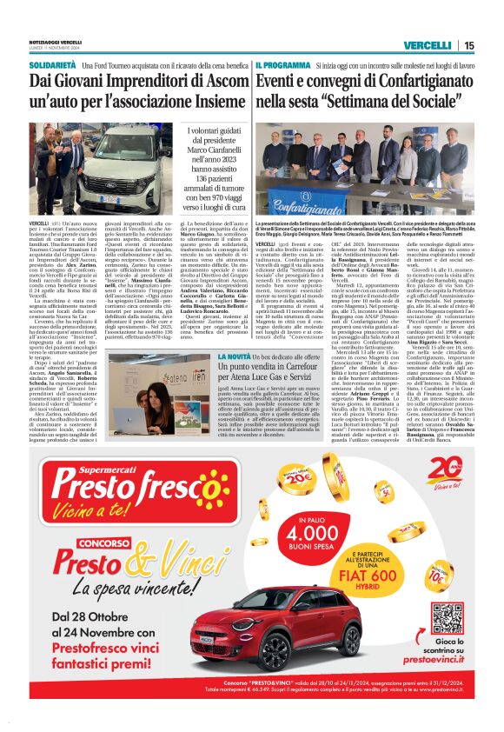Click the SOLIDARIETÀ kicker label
pos(56,64)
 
